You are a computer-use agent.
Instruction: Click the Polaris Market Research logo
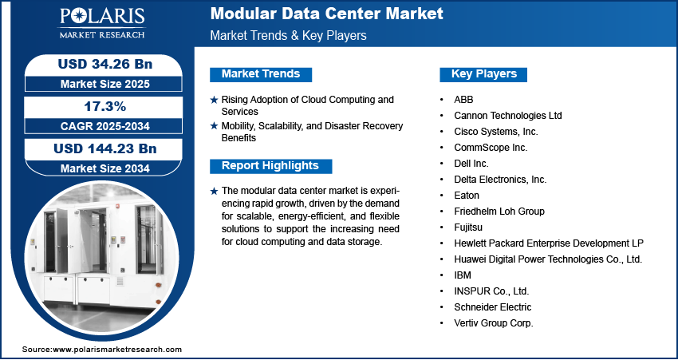(x=102, y=23)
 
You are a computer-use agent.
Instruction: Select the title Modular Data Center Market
(x=327, y=14)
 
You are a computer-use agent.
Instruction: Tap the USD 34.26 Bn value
(x=105, y=65)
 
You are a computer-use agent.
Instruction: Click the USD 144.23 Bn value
(x=105, y=148)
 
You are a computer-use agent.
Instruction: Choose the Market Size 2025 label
(x=105, y=84)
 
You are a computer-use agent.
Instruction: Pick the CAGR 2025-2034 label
(x=105, y=126)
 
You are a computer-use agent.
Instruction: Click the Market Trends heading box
(x=261, y=74)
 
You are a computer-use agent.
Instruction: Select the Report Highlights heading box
(x=270, y=166)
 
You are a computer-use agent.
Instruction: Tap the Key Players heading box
(x=483, y=74)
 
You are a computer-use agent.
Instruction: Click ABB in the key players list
(x=463, y=100)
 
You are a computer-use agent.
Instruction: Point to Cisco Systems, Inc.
(x=496, y=132)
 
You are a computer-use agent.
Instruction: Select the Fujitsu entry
(x=468, y=227)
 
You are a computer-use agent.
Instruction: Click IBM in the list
(x=463, y=275)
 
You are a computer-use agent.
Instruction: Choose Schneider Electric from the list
(x=492, y=307)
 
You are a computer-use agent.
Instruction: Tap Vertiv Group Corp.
(x=494, y=323)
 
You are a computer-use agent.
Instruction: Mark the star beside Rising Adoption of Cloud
(x=214, y=100)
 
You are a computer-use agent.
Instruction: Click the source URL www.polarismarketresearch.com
(x=117, y=350)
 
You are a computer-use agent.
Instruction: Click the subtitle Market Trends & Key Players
(x=289, y=35)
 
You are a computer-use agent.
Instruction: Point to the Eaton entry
(x=467, y=196)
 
